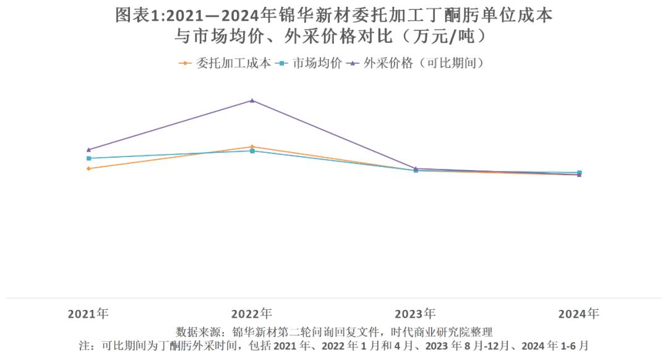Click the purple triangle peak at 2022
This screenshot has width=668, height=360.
pyautogui.click(x=252, y=100)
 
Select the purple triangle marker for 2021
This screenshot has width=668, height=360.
pyautogui.click(x=89, y=150)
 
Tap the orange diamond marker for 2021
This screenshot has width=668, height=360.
pyautogui.click(x=89, y=168)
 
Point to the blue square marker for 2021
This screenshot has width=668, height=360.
pyautogui.click(x=89, y=158)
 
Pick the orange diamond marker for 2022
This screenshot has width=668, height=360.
pyautogui.click(x=252, y=147)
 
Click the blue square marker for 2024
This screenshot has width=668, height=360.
pyautogui.click(x=579, y=173)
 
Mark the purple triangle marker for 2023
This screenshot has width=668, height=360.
pyautogui.click(x=416, y=168)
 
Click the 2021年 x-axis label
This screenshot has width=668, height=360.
pyautogui.click(x=88, y=314)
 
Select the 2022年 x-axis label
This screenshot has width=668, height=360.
pyautogui.click(x=252, y=314)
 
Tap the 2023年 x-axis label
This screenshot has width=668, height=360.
pyautogui.click(x=415, y=314)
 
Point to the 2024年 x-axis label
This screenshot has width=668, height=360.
pyautogui.click(x=578, y=314)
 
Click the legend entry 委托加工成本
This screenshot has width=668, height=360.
pyautogui.click(x=233, y=63)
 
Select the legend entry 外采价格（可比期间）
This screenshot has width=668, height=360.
pyautogui.click(x=424, y=63)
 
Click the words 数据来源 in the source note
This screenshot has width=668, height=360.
pyautogui.click(x=197, y=332)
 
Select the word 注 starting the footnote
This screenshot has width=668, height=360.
pyautogui.click(x=83, y=346)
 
